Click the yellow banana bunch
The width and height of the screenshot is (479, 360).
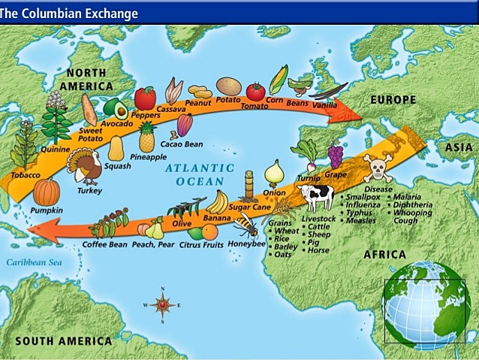tap(217, 202)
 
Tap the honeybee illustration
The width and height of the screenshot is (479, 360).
tap(246, 223)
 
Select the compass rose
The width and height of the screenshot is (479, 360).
tap(162, 304)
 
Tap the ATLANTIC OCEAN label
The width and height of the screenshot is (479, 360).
tap(200, 174)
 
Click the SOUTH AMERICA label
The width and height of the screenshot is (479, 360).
tap(64, 340)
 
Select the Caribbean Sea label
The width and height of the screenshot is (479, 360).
tap(32, 262)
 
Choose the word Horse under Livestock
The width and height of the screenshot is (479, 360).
tap(318, 250)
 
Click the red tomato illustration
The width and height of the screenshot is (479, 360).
tap(256, 92)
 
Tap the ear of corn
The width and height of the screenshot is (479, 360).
tap(278, 79)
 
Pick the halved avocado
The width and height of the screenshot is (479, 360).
tap(115, 109)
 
